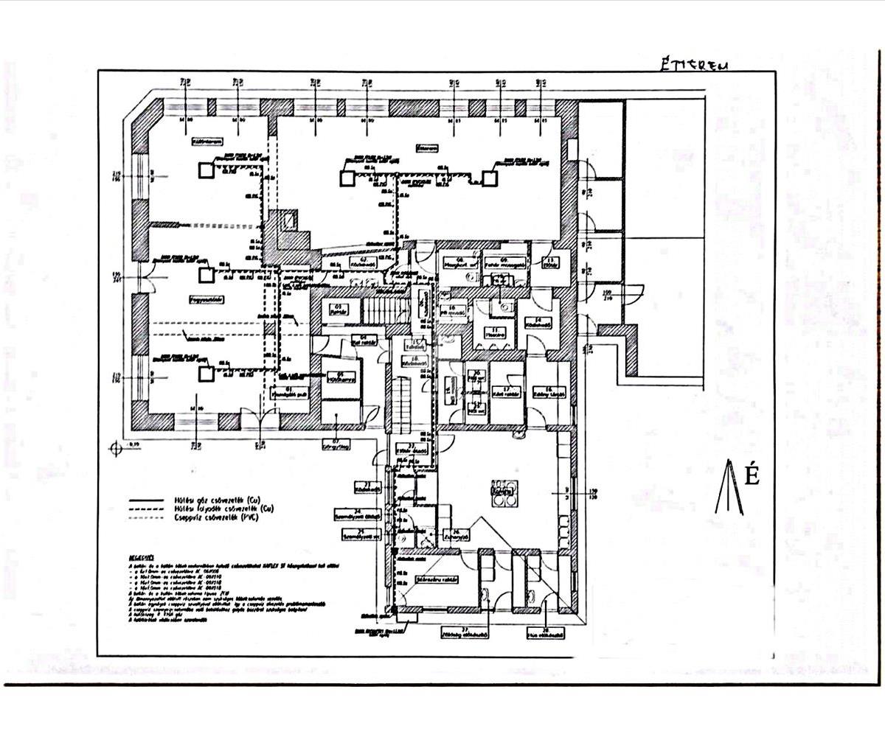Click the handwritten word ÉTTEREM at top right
[693, 64]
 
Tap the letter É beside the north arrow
[752, 477]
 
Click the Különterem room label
[206, 141]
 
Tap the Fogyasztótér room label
[206, 298]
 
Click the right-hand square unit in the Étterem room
[489, 178]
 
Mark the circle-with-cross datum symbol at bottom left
[114, 447]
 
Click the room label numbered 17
[507, 391]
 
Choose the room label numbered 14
[538, 322]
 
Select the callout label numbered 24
[357, 514]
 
